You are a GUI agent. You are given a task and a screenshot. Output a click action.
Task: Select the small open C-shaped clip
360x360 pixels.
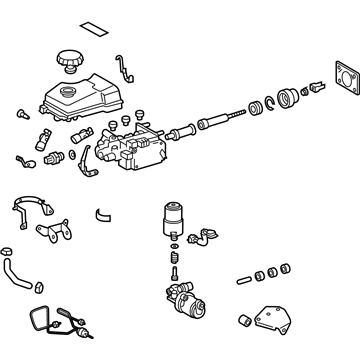[102, 211]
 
